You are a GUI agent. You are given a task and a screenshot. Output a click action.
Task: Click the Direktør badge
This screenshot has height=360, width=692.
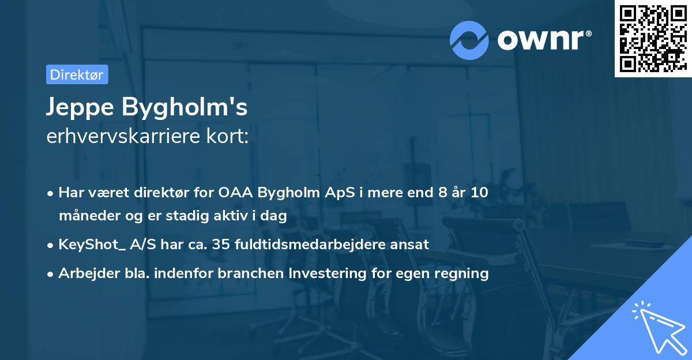point(77,74)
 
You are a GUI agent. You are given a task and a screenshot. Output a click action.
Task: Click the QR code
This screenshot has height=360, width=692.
point(653,39)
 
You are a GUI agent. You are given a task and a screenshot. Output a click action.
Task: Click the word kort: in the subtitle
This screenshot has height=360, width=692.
point(231,137)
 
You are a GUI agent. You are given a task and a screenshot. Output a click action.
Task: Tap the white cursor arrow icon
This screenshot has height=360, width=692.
point(657,325)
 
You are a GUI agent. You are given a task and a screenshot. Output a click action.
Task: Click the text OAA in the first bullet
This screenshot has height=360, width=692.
point(235,193)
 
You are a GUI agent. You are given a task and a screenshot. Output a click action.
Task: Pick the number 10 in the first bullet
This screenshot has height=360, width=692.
point(479,193)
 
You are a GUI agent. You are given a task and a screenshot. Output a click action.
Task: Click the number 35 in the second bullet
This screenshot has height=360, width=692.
point(221,245)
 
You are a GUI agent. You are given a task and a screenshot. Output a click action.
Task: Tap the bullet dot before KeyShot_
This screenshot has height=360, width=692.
point(51,245)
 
